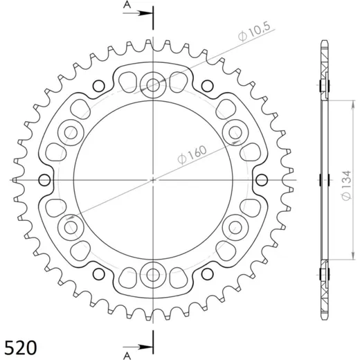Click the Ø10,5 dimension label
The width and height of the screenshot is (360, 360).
coord(254,33)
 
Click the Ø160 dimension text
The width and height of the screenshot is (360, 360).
coord(192,154)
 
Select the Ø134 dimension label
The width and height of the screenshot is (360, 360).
coord(346,186)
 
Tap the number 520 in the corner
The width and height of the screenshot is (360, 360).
coord(21,348)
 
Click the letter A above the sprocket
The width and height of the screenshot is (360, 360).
coord(127,4)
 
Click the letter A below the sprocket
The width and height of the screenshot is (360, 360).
coord(127,356)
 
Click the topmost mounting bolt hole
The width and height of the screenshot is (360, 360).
coord(153,85)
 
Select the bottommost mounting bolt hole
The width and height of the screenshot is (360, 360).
coord(153,275)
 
